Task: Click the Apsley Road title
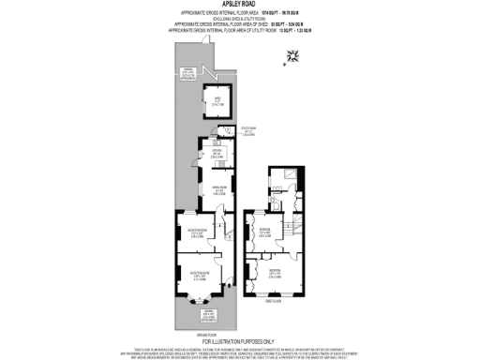coord(239,6)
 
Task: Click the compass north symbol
coord(293,57)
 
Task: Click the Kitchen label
coord(215,156)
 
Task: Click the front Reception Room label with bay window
coord(200,277)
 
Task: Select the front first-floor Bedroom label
coord(273,274)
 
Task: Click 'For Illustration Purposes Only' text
coord(240,340)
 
